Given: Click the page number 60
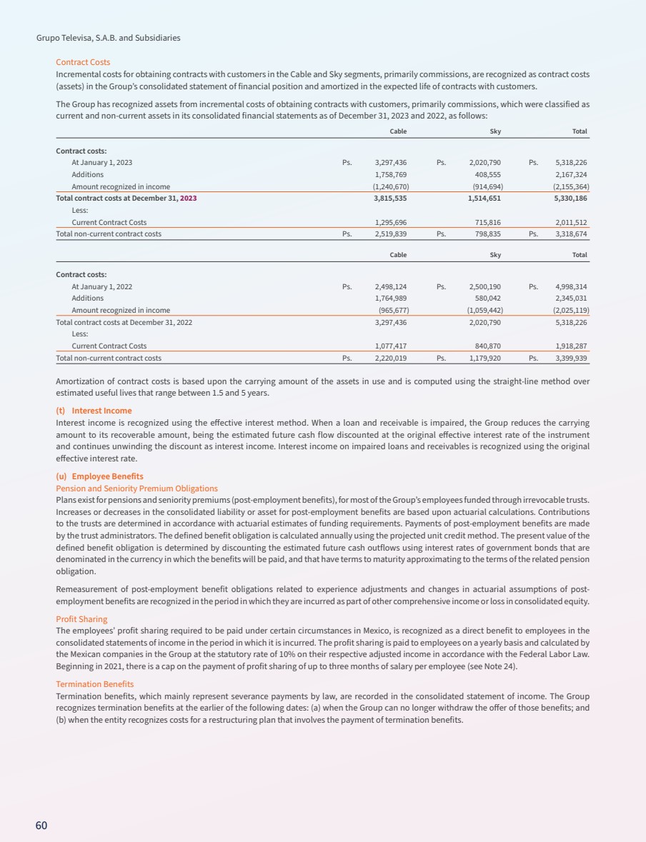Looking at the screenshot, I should [x=41, y=826].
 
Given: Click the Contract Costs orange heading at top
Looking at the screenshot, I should [x=83, y=62].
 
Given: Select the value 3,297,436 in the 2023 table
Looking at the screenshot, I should [x=391, y=162].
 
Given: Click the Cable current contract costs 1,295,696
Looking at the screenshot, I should [x=391, y=222].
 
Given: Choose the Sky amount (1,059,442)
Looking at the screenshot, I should [x=482, y=310].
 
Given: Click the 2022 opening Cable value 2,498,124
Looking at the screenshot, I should [x=391, y=286].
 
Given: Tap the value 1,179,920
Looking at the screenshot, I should [x=484, y=358].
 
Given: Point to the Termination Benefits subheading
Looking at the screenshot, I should [x=94, y=684].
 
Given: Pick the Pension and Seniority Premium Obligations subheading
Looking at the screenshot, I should [x=136, y=488].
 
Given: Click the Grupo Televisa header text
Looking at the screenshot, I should [x=108, y=37].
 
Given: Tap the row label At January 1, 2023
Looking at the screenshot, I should [x=101, y=162].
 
